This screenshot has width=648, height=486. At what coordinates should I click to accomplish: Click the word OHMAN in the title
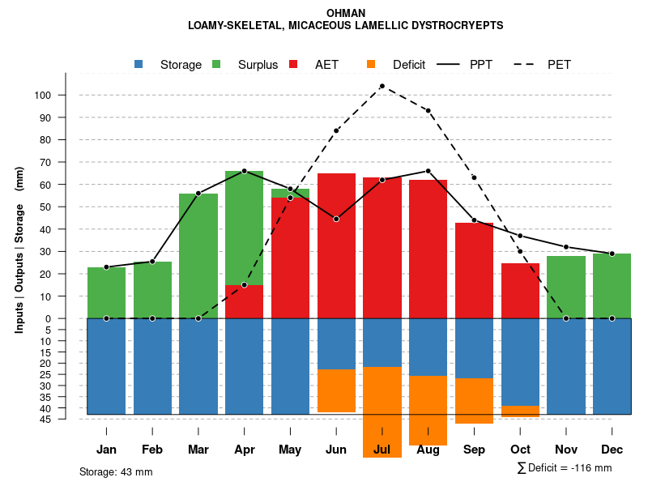[x=346, y=13]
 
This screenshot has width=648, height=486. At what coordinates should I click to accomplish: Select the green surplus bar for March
[x=198, y=255]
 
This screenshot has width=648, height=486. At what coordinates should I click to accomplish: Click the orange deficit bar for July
[x=382, y=412]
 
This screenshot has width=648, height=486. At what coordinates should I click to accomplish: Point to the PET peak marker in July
[x=382, y=86]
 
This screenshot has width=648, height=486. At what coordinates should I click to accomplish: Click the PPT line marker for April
[x=245, y=171]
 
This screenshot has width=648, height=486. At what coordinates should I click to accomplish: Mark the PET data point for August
[x=428, y=111]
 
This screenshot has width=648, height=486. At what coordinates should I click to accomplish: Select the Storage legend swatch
[x=139, y=65]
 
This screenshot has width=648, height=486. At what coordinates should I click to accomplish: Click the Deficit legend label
[x=409, y=65]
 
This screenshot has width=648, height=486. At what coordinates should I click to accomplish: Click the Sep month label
[x=474, y=450]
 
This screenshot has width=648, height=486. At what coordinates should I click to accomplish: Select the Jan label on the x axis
[x=106, y=450]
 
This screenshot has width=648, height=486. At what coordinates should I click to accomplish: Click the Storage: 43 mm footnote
[x=116, y=471]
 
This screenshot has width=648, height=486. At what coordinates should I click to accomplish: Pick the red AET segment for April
[x=245, y=301]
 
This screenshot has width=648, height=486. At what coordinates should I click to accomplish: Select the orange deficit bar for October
[x=520, y=411]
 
